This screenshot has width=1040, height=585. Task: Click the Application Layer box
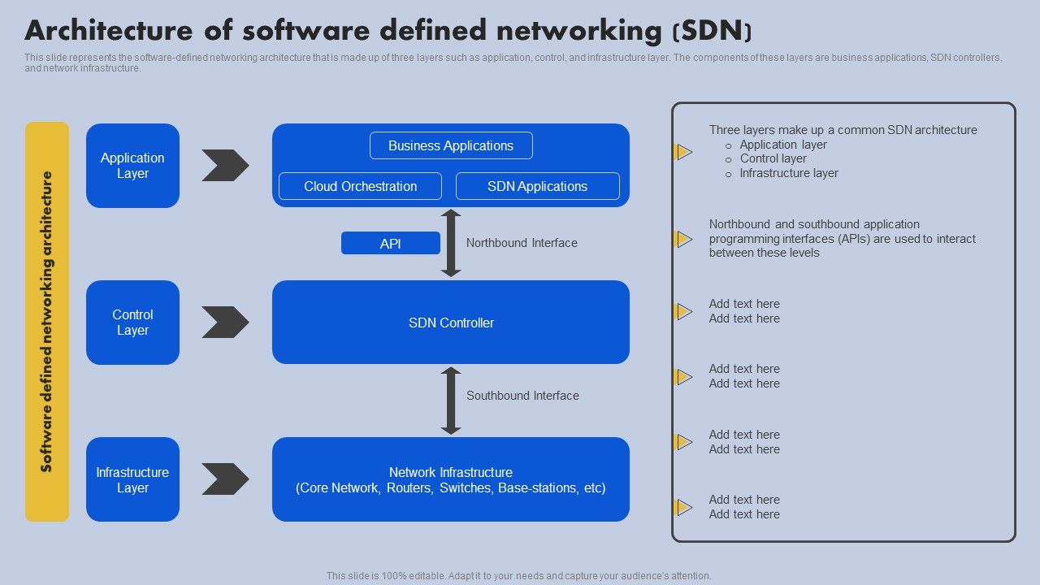point(132,166)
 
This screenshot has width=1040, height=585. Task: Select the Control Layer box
point(132,323)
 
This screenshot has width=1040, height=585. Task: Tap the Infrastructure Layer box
point(132,479)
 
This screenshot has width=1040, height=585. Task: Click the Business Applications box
point(451,146)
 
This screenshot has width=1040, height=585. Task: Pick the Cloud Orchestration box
point(360,186)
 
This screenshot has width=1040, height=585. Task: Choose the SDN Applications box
point(537,186)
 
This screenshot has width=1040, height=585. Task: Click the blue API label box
point(391,243)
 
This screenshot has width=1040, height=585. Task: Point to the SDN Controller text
point(451,323)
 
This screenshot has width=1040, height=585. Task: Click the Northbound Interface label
point(522,243)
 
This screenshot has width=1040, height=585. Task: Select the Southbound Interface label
point(522,396)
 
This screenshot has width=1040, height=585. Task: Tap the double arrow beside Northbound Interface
point(451,243)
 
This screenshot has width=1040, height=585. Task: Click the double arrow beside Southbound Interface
point(451,401)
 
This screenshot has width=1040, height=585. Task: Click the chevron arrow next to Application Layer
point(225,166)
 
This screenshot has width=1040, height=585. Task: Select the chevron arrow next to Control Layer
point(225,323)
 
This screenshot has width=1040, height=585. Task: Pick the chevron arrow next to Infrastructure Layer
point(225,479)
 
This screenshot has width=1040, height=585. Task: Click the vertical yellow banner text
point(47,322)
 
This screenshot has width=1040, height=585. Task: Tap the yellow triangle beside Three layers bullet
point(684,152)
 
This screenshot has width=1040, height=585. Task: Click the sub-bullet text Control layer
point(773,158)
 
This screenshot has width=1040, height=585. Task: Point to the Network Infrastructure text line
point(451,472)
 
